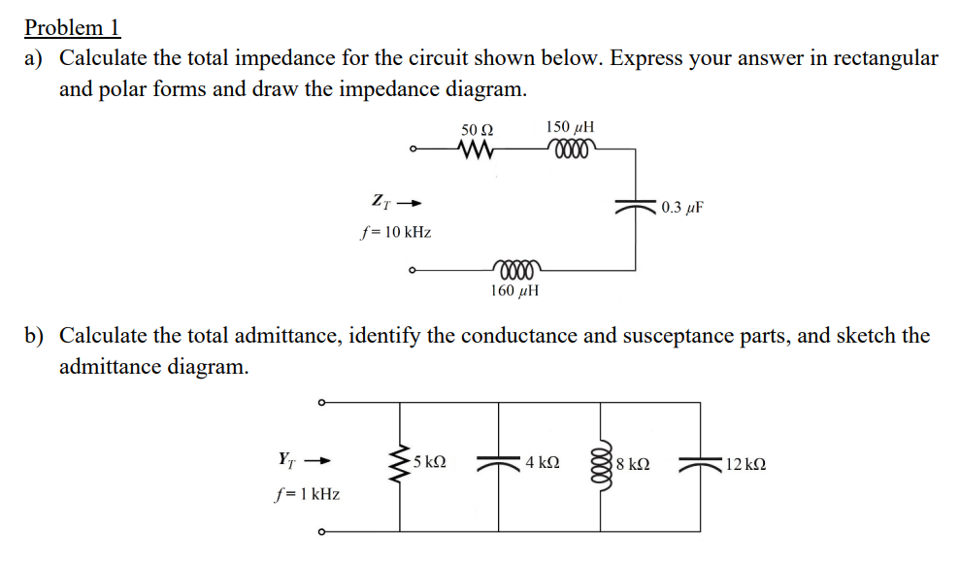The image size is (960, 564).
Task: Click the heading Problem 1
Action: pos(72,27)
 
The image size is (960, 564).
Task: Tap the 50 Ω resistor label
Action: pos(477,129)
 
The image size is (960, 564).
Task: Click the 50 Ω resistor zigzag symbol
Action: pos(477,150)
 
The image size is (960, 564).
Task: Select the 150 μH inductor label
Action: pos(570,127)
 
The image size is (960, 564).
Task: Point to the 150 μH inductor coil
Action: pos(570,149)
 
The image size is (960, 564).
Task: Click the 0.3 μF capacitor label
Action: pos(682,208)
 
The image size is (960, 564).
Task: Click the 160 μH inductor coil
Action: pos(516,266)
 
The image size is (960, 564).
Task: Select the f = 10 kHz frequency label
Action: pos(395,233)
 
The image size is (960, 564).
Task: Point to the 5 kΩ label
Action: pos(430,463)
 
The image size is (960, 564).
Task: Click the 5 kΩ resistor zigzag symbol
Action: pos(398,464)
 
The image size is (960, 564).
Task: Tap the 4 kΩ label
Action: pos(541,463)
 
